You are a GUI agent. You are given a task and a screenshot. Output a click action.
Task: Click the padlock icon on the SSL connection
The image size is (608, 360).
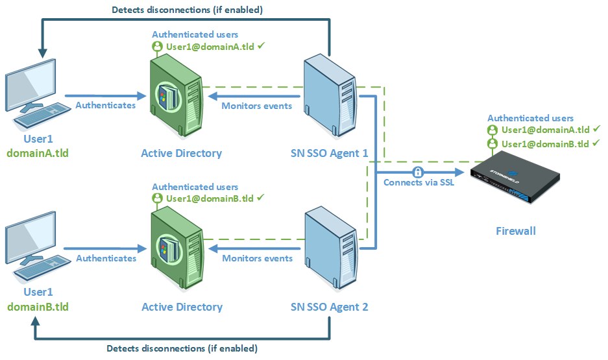tap(419, 172)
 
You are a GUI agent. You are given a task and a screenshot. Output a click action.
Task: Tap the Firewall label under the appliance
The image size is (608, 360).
tap(516, 230)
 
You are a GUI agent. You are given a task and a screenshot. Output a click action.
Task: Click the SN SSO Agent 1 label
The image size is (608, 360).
tap(329, 153)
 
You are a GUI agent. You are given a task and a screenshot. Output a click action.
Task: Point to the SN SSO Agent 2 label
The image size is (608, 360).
tap(329, 307)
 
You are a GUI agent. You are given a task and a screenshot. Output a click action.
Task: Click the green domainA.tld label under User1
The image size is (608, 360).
tap(37, 153)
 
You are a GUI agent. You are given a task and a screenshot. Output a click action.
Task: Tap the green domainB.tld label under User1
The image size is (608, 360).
tap(37, 307)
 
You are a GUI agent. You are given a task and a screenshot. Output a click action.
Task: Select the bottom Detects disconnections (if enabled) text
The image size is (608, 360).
tap(181, 348)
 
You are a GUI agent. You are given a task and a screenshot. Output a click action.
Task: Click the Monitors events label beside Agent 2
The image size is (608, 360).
tap(257, 258)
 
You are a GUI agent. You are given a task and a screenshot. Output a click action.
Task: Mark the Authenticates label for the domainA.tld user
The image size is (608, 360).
tap(106, 104)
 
